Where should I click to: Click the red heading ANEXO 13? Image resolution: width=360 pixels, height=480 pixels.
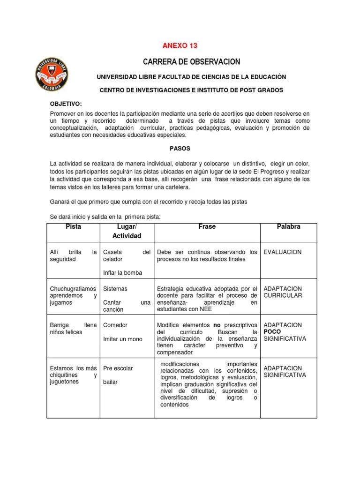(x=180, y=45)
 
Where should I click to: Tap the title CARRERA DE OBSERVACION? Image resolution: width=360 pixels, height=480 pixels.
(x=191, y=62)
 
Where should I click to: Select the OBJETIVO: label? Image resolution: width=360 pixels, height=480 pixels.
(x=66, y=104)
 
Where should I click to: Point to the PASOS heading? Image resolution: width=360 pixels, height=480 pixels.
(x=180, y=148)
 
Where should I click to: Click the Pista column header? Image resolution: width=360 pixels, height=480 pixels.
(x=74, y=226)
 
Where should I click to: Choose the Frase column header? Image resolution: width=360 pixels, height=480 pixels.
(x=207, y=226)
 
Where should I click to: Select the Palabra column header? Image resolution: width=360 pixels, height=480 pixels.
(x=289, y=226)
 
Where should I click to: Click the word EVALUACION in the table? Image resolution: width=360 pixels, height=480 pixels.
(x=283, y=252)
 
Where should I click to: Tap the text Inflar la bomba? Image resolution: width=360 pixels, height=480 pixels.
(x=122, y=273)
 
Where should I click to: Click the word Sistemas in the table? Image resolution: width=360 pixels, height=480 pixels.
(x=115, y=289)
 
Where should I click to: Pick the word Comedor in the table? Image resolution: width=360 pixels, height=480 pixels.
(x=115, y=325)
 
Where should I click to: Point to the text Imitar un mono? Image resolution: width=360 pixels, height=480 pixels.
(x=123, y=339)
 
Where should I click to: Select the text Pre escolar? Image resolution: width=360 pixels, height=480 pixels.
(x=118, y=368)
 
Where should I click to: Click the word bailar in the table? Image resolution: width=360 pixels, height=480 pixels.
(x=110, y=382)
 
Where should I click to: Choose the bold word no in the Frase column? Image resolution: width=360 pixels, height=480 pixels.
(x=217, y=325)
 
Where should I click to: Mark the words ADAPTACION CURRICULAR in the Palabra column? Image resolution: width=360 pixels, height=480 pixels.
(x=283, y=292)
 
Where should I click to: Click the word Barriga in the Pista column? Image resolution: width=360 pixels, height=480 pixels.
(x=60, y=325)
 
